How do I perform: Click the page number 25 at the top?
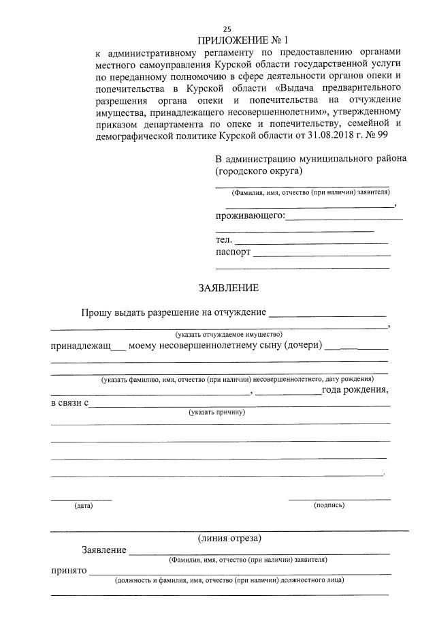(x=227, y=29)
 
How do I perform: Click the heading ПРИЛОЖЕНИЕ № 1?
(x=227, y=40)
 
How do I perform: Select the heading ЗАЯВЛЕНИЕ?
(x=228, y=288)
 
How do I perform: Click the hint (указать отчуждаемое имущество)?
(x=228, y=335)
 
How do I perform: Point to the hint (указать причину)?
(x=217, y=412)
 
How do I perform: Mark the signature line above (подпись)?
(x=339, y=499)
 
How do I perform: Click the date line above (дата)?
(x=82, y=500)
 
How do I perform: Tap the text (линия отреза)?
(x=229, y=538)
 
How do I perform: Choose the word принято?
(x=68, y=571)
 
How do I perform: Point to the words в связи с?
(x=70, y=403)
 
